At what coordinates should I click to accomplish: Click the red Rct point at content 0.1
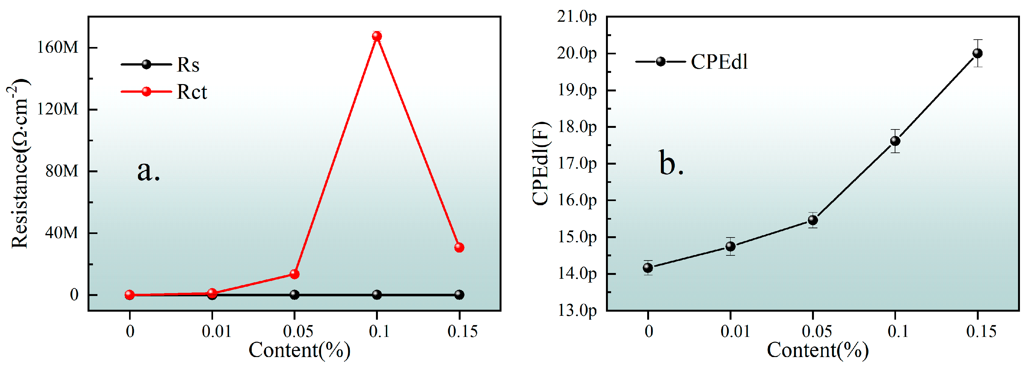(x=377, y=36)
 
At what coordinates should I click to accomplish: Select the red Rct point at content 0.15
(x=459, y=247)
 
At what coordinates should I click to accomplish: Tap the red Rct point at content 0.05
(x=295, y=274)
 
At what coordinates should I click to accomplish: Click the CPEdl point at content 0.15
(x=977, y=53)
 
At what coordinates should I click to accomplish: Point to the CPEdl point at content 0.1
(x=895, y=141)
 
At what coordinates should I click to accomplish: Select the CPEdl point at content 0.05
(x=813, y=220)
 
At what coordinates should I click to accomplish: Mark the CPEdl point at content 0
(x=648, y=268)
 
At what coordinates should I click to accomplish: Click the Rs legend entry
(x=161, y=65)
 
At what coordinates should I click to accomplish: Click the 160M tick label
(x=57, y=47)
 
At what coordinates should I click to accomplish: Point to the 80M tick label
(x=61, y=171)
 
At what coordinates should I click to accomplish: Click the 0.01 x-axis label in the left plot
(x=217, y=332)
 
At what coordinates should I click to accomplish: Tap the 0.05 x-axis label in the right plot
(x=816, y=332)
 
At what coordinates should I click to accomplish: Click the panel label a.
(x=149, y=171)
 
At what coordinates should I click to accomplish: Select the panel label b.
(x=671, y=164)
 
